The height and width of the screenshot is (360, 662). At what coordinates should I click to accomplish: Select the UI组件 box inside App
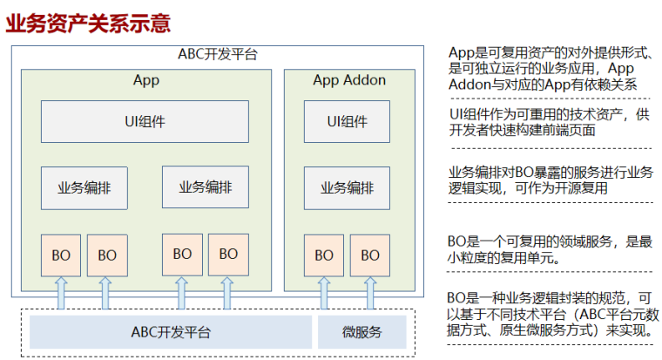tap(145, 121)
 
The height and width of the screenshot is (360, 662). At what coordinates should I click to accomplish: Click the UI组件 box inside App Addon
tap(348, 121)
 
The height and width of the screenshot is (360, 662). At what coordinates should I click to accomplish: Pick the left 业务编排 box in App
tap(84, 187)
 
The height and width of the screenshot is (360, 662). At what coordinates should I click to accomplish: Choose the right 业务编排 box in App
tap(205, 186)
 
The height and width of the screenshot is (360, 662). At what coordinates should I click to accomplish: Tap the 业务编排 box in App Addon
tap(348, 187)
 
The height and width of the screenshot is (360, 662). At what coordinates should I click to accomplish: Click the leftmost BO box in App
tap(61, 255)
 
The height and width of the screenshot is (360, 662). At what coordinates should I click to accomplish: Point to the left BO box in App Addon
tap(324, 255)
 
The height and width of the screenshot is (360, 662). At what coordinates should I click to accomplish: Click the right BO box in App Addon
tap(370, 255)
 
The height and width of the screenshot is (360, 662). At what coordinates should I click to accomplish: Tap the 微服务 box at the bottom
tap(361, 332)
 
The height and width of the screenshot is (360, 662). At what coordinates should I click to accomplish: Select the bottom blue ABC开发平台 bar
tap(171, 332)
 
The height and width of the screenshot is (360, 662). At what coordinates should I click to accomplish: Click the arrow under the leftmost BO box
tap(61, 292)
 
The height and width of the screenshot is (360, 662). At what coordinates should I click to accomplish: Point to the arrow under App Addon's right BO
tap(370, 292)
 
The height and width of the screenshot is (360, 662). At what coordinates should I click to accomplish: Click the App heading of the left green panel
tap(145, 81)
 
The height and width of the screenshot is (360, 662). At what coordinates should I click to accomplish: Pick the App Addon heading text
tap(348, 81)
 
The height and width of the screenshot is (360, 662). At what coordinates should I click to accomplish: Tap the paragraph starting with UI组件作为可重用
tap(549, 123)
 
